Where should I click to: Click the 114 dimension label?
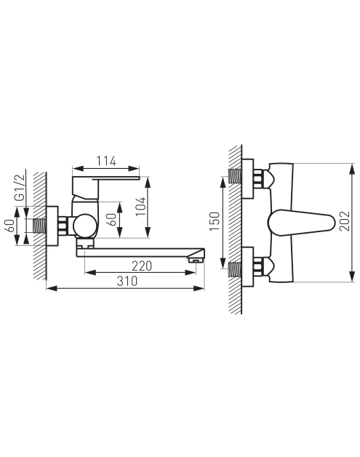tap(106, 161)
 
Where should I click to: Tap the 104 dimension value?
tap(141, 206)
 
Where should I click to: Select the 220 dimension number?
tap(142, 266)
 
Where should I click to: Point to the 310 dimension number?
tap(127, 281)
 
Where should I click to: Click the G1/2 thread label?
tap(20, 188)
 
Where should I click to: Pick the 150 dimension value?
tap(215, 221)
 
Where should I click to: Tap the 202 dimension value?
tap(345, 221)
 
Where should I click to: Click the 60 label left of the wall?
tap(9, 226)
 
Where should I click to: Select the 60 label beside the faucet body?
tap(111, 220)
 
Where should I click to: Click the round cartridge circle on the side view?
tap(84, 226)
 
